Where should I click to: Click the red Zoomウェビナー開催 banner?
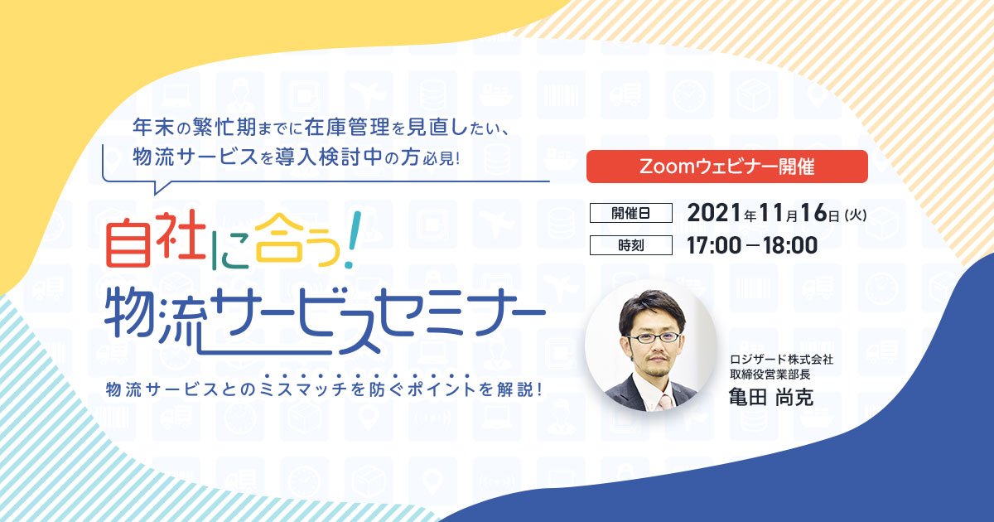pyautogui.click(x=727, y=167)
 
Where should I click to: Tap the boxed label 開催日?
pyautogui.click(x=631, y=213)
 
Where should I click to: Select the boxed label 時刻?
pyautogui.click(x=631, y=245)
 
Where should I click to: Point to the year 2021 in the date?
pyautogui.click(x=716, y=213)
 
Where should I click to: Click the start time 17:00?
pyautogui.click(x=714, y=245)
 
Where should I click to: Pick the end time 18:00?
pyautogui.click(x=790, y=245)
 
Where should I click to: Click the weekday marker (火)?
pyautogui.click(x=855, y=215)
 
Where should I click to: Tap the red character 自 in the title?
pyautogui.click(x=128, y=243)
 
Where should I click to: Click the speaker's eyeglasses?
pyautogui.click(x=654, y=338)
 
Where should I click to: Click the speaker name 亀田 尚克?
pyautogui.click(x=771, y=396)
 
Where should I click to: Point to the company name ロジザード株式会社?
pyautogui.click(x=781, y=359)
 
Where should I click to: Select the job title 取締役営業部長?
pyautogui.click(x=770, y=374)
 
